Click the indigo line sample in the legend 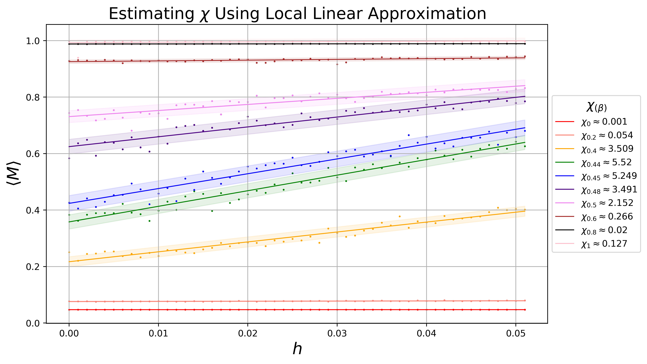[x=565, y=189]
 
